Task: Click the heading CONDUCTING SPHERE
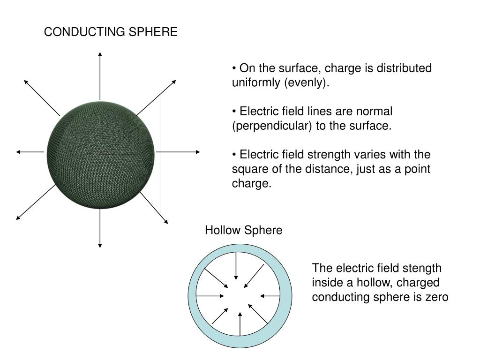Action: point(111,32)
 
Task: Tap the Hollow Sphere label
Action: point(243,230)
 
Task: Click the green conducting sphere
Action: point(100,152)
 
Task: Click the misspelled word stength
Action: point(424,268)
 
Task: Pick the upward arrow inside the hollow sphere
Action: point(240,323)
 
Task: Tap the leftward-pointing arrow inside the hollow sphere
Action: point(269,296)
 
